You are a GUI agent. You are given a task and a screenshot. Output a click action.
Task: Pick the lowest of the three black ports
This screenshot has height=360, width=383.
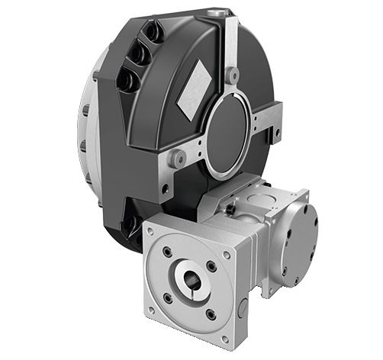(127, 79)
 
